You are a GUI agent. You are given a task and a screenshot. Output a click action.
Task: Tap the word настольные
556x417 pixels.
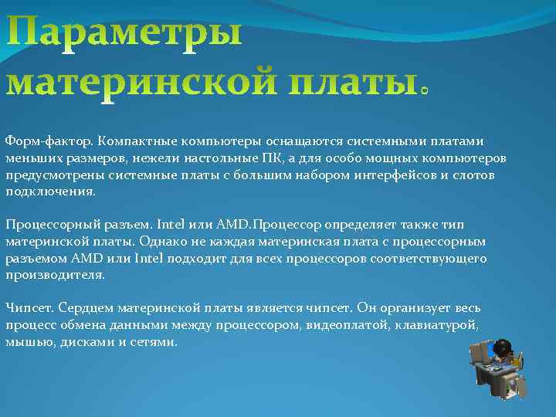pos(265,158)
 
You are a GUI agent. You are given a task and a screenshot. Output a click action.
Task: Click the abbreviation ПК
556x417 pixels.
pos(318,158)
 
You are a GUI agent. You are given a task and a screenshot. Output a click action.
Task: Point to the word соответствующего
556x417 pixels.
pos(433,258)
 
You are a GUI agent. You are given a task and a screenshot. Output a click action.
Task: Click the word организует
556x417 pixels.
pos(411,307)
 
